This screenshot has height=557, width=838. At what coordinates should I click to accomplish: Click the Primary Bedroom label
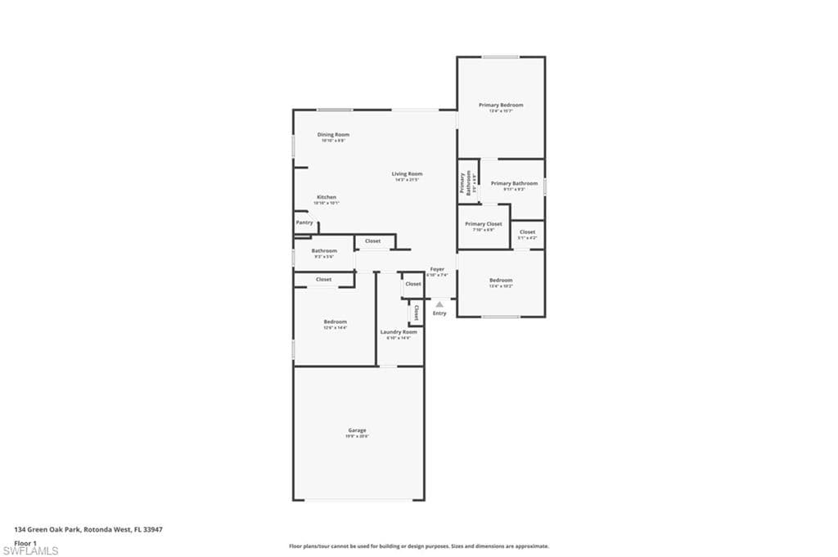(501, 105)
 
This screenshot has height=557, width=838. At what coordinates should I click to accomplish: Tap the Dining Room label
(333, 134)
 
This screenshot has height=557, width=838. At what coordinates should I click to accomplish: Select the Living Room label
(407, 173)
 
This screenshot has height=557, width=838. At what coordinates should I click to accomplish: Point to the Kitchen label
(327, 197)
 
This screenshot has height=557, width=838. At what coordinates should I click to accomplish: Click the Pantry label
(304, 222)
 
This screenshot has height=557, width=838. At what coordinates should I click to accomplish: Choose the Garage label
(357, 430)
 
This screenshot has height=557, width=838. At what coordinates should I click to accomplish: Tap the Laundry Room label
(399, 331)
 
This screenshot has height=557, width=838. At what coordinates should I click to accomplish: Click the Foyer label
(438, 269)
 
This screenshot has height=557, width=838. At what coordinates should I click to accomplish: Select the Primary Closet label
(484, 223)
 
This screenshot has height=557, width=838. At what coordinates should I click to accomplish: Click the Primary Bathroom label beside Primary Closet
(514, 183)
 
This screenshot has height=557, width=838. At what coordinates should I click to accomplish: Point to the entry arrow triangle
(439, 303)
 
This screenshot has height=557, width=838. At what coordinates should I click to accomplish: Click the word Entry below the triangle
(439, 313)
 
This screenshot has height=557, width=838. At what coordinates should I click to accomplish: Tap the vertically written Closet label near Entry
(416, 312)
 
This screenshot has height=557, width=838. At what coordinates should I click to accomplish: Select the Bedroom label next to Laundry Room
(335, 321)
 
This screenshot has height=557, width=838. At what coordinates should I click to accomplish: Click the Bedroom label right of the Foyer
(501, 280)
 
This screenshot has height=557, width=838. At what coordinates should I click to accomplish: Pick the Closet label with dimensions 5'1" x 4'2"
(527, 231)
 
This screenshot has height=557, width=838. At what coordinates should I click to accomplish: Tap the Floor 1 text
(25, 542)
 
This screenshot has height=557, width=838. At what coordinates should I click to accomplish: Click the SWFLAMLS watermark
(30, 551)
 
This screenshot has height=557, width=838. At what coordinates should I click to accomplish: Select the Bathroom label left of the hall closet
(324, 250)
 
